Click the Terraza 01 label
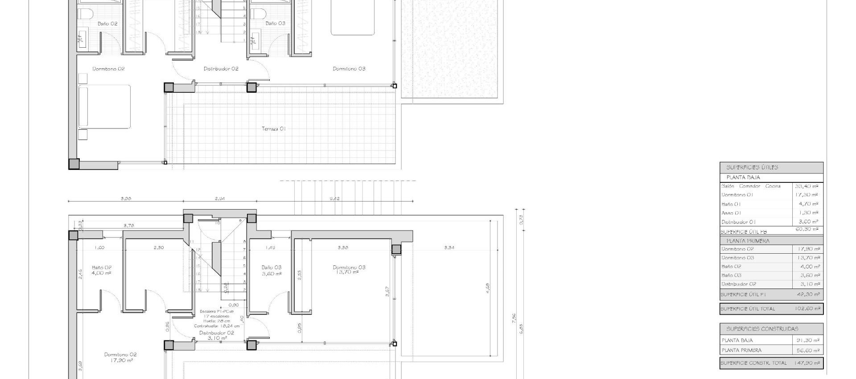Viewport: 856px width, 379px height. point(273,129)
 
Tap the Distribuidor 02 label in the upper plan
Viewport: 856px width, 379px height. point(221,69)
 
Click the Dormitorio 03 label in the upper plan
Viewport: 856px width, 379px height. point(349,69)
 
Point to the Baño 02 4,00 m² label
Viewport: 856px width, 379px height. point(101,270)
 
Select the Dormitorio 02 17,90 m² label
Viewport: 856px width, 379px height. point(120,357)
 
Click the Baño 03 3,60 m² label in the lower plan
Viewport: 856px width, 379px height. point(272,270)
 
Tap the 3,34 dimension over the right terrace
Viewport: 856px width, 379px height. point(449,247)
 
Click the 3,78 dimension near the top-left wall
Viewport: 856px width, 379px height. point(128,226)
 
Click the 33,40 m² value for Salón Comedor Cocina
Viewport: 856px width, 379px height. point(807,186)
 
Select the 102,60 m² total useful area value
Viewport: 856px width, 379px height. point(807,309)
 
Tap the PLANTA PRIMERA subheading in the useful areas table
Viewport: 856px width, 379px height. point(748,241)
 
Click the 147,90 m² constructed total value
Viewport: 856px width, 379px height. point(807,363)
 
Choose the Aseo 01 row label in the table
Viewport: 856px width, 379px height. point(731,213)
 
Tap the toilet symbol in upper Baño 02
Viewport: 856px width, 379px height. point(83,13)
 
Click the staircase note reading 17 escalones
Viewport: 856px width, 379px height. point(216,316)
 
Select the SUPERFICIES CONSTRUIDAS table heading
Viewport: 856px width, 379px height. point(762,329)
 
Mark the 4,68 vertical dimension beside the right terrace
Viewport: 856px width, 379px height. point(488,288)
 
